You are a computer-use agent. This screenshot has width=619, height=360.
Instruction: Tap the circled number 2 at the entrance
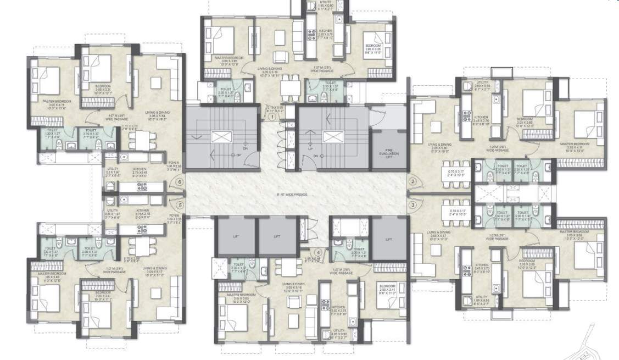412,182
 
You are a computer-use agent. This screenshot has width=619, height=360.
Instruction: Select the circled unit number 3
412,205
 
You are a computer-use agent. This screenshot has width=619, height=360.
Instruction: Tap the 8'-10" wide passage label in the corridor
292,194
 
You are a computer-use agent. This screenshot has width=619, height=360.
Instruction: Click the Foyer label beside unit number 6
174,163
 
